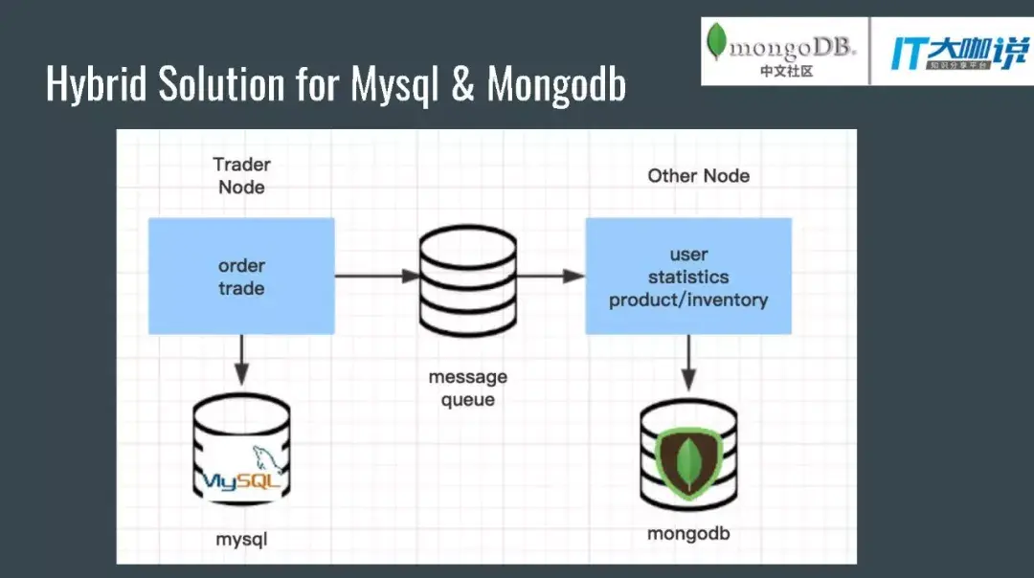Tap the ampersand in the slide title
pyautogui.click(x=462, y=84)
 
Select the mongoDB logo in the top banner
pyautogui.click(x=781, y=50)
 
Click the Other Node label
pyautogui.click(x=698, y=175)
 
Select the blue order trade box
pyautogui.click(x=241, y=276)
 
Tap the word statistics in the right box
pyautogui.click(x=688, y=278)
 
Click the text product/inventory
pyautogui.click(x=688, y=300)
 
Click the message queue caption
pyautogui.click(x=467, y=389)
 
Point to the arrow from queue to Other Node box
pyautogui.click(x=550, y=277)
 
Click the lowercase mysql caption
pyautogui.click(x=241, y=540)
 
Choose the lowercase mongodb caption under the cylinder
pyautogui.click(x=688, y=534)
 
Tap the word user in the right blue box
pyautogui.click(x=688, y=255)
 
